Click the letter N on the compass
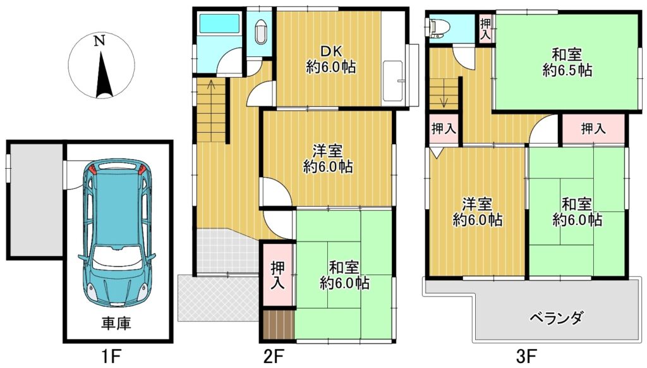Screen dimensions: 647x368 pos(99,41)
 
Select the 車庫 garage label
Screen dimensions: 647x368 pos(116,323)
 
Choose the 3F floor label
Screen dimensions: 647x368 pos(526,355)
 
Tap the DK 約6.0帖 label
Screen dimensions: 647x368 pos(330,59)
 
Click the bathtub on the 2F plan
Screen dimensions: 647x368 pos(219,23)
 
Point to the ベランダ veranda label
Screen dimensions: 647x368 pos(556,319)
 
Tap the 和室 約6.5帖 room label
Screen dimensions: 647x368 pos(567,63)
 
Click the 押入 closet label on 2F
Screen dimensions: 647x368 pos(278,276)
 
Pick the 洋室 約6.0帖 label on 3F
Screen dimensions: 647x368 pos(478,212)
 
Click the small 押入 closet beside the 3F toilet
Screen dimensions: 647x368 pos(486,28)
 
